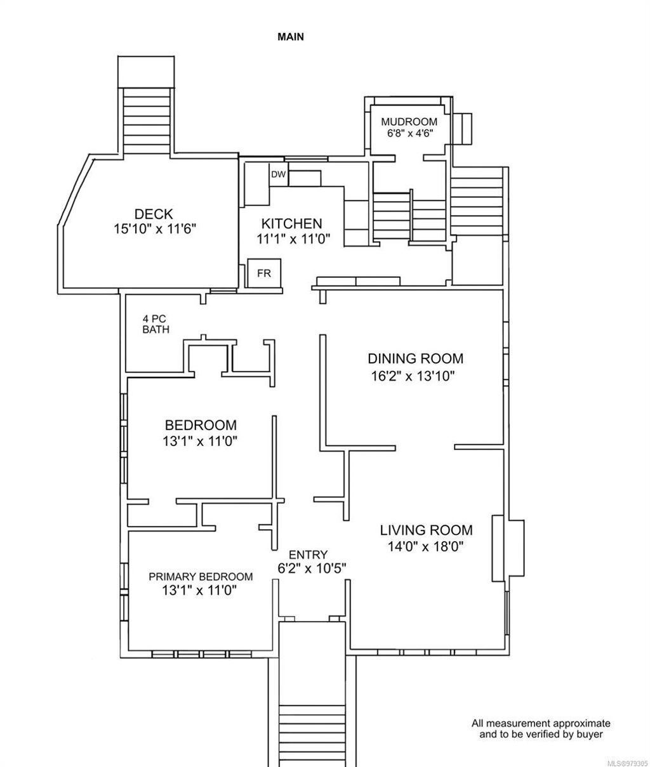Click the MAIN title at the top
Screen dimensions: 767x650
coord(291,37)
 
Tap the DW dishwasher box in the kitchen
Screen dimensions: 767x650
coord(278,174)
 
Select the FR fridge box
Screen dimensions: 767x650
coord(263,274)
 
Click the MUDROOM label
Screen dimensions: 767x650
coord(409,122)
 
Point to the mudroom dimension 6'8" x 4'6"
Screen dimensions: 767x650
coord(409,133)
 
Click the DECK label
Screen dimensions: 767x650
coord(154,214)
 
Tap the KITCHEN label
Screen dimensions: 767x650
coord(292,223)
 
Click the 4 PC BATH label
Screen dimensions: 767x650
coord(156,324)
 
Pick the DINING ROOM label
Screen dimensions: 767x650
coord(416,358)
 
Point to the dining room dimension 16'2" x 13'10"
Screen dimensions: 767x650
coord(413,376)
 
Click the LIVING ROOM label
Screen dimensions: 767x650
coord(426,530)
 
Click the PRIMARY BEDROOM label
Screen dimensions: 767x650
coord(201,577)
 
